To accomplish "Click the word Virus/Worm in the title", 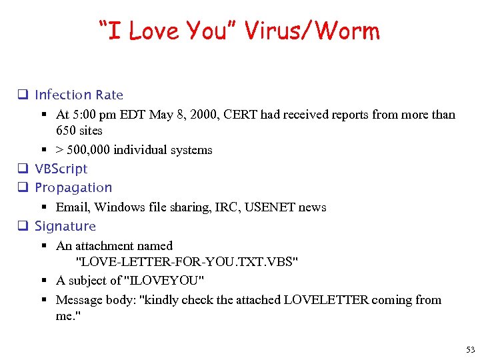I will (x=312, y=31).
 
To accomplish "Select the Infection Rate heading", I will (x=79, y=95).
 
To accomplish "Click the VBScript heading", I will (x=61, y=169).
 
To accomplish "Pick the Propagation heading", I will (x=73, y=188).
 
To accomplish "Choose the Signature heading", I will (x=65, y=227).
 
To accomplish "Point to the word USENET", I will (x=270, y=207).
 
